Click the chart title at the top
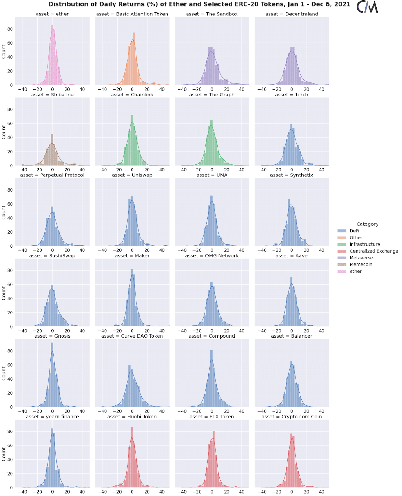[199, 4]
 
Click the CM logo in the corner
[367, 7]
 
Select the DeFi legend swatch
[342, 231]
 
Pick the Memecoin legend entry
[361, 264]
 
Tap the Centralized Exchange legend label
[374, 251]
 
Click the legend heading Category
[367, 224]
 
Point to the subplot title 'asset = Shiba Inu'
[52, 95]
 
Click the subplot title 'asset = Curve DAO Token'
[132, 336]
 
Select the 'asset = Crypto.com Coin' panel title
[292, 417]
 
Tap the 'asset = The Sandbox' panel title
[212, 14]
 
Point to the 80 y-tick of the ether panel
[10, 29]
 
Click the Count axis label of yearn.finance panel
[4, 454]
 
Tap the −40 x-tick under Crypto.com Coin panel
[262, 492]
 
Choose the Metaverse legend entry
[361, 258]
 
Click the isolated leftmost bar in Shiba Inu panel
[23, 165]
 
